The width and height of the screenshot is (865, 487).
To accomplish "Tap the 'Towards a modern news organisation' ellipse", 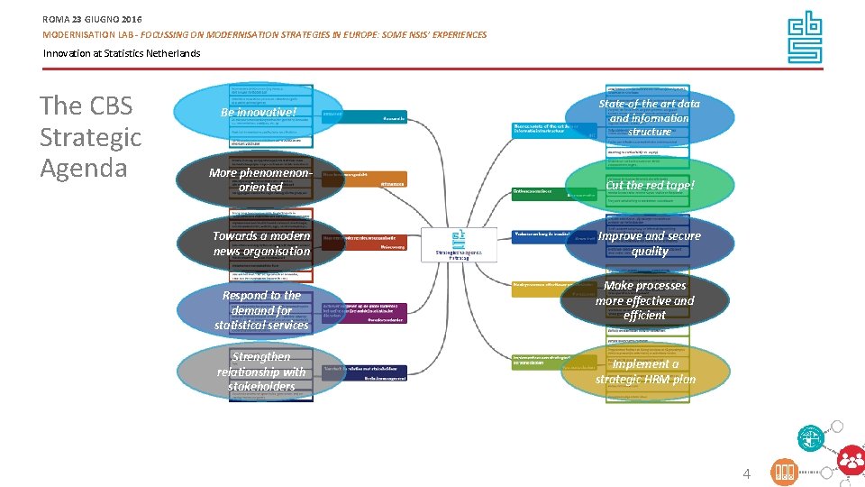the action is click(261, 243).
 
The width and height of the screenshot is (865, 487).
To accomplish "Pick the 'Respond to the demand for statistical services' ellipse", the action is click(261, 310).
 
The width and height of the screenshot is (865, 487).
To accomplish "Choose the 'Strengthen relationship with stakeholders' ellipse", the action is click(261, 372).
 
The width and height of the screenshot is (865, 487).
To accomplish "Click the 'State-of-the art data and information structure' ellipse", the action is click(649, 117).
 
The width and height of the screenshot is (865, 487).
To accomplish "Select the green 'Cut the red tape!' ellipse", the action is click(650, 186).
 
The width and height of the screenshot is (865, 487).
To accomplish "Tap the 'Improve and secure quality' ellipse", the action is click(650, 243).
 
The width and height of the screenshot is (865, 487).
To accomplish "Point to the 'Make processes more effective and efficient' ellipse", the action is click(645, 300).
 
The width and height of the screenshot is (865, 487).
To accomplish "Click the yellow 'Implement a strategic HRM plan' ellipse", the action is click(645, 372).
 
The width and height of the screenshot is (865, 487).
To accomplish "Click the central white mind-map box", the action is click(458, 244).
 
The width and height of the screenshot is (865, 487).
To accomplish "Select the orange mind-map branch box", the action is click(364, 179).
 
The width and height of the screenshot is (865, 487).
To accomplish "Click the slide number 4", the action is click(746, 473).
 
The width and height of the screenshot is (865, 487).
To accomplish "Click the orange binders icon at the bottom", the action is click(785, 473).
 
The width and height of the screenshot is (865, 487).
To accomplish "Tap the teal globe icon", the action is click(811, 439).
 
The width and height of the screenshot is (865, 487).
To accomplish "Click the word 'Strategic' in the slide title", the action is click(90, 137).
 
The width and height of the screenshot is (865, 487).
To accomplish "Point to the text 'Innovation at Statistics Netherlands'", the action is click(122, 53).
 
